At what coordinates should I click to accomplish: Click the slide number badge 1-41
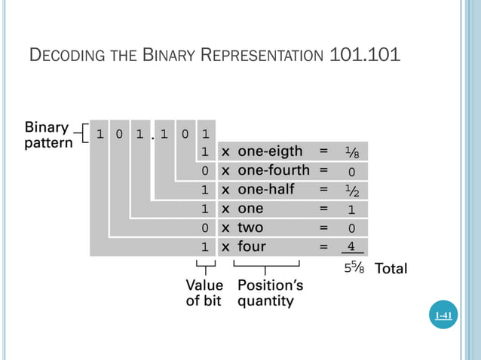pos(444,316)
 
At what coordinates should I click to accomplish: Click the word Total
pos(391,268)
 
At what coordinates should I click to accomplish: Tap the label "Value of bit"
pos(204,293)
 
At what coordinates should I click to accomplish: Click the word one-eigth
pos(270,151)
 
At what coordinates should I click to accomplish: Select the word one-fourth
pos(273,170)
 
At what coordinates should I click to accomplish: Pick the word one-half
pos(266,189)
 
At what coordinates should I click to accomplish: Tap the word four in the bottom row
pos(252,246)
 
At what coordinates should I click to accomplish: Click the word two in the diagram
pos(250,227)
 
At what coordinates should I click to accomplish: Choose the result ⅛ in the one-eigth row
pos(351,152)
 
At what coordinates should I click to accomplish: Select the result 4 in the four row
pos(351,246)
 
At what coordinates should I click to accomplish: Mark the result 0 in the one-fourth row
pos(351,171)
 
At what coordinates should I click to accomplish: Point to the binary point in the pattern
pos(152,139)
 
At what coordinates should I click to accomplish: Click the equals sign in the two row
pos(323,227)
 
